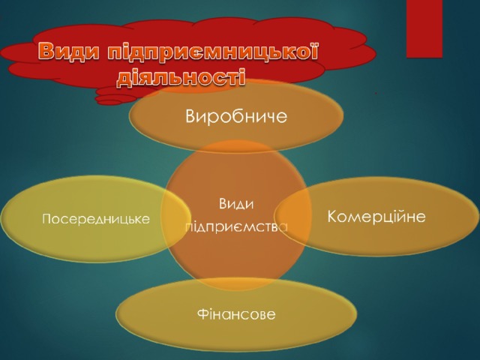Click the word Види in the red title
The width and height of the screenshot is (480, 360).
click(69, 51)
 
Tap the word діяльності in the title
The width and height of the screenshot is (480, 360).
click(181, 76)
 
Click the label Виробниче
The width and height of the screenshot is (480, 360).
click(236, 116)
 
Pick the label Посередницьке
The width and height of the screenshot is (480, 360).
click(96, 219)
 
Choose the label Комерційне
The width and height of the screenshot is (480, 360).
click(376, 217)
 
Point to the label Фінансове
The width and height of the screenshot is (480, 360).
click(236, 314)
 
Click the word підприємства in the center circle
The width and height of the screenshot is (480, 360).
click(236, 227)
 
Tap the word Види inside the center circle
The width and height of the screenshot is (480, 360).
click(236, 203)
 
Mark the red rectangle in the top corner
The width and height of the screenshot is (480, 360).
click(424, 28)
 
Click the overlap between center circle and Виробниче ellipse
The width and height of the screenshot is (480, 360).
click(236, 146)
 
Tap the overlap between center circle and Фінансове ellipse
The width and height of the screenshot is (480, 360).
click(236, 284)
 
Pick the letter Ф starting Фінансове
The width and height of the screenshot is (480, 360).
click(203, 314)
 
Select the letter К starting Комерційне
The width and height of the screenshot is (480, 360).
click(332, 216)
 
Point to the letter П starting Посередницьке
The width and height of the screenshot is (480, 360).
click(47, 219)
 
